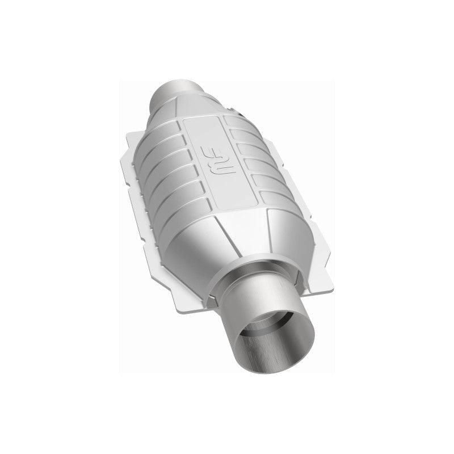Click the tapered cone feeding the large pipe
(x=238, y=238)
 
